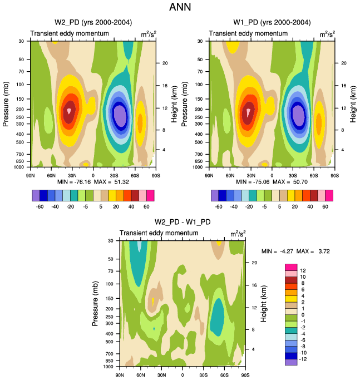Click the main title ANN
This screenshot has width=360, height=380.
click(180, 8)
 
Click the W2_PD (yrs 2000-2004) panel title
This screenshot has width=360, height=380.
click(93, 22)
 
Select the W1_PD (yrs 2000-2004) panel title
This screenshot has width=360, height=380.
click(272, 22)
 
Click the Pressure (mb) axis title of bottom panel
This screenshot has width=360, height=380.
click(95, 303)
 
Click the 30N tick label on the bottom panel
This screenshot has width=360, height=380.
click(161, 374)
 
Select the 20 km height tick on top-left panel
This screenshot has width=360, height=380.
click(165, 63)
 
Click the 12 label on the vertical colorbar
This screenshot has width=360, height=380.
click(304, 270)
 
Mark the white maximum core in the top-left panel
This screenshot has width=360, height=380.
click(69, 110)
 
